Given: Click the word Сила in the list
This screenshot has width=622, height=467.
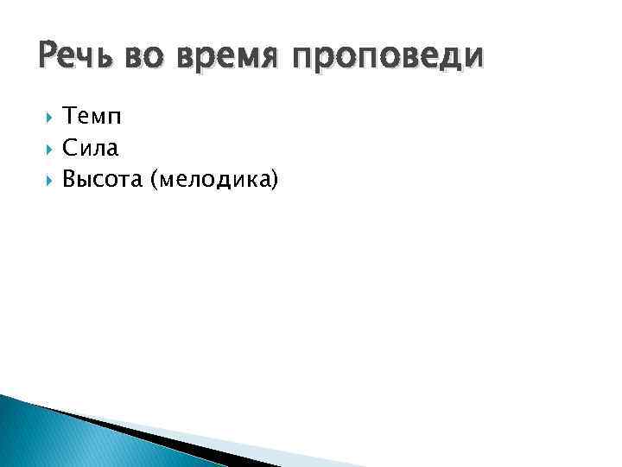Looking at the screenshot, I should pyautogui.click(x=91, y=150).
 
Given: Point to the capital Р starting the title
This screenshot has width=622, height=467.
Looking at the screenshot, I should pyautogui.click(x=48, y=56).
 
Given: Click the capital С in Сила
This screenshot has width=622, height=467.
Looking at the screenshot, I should pyautogui.click(x=71, y=150).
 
